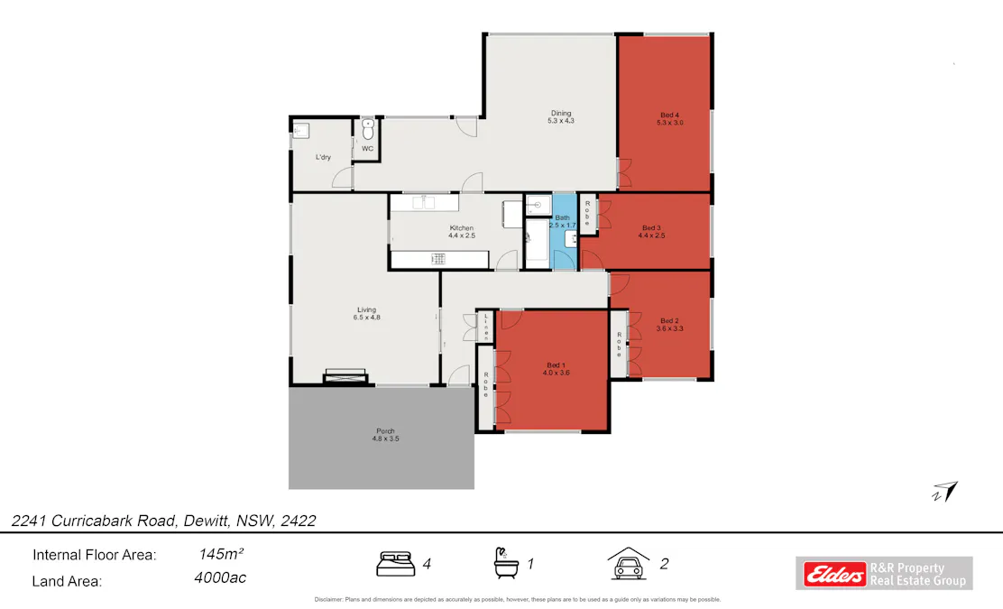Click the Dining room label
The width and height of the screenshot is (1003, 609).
561,116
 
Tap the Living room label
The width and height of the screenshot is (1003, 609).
365,313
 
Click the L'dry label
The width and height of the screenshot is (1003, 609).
322,158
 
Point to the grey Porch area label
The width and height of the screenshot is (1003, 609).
385,435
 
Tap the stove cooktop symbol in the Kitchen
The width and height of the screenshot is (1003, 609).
438,260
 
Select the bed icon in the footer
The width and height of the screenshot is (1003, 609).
395,564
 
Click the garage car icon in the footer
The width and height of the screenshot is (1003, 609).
629,563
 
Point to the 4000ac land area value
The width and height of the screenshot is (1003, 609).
220,578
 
